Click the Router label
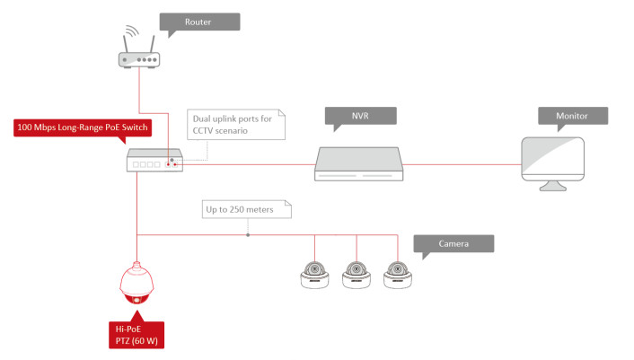tap(199, 22)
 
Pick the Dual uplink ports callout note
tap(234, 123)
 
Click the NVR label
tap(360, 116)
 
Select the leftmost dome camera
tap(315, 273)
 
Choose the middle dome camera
tap(357, 273)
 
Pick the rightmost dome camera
tap(398, 273)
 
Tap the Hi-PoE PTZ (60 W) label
tap(136, 335)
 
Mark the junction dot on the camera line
tap(248, 235)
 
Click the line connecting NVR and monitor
tap(462, 164)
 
